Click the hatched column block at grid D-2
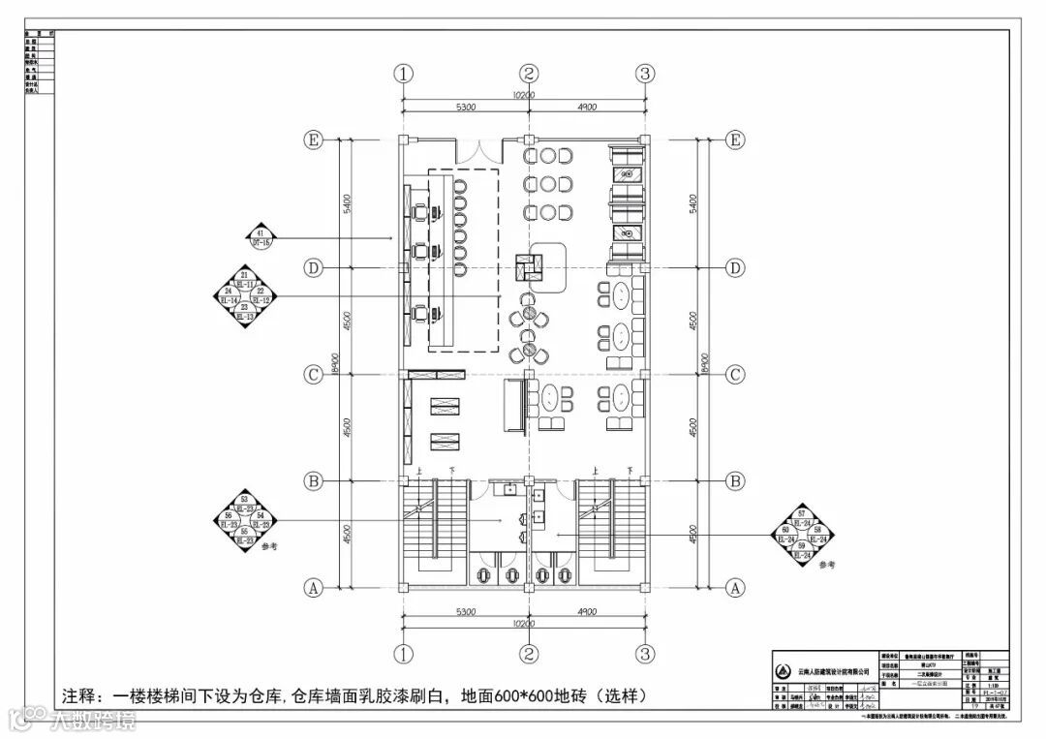coord(527,262)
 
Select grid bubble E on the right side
coord(736,140)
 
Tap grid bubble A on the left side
coord(313,587)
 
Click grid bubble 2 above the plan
coord(528,74)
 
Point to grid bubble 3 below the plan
coord(646,652)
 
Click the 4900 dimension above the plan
coord(586,107)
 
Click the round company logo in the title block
coord(784,670)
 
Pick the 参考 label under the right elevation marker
coord(825,564)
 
